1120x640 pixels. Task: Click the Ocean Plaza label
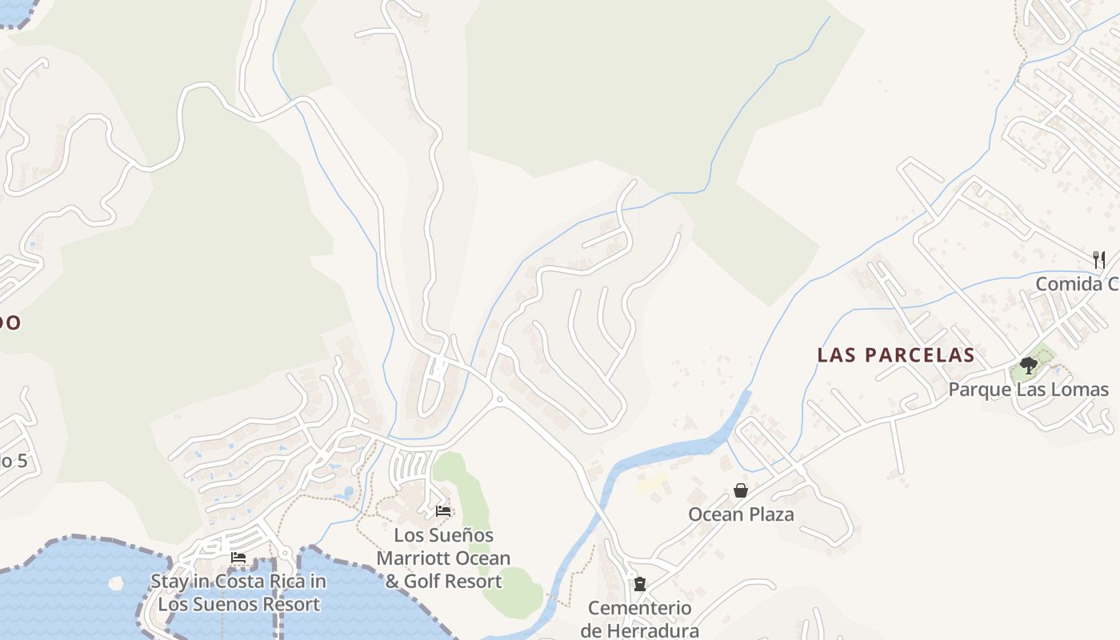coord(741,514)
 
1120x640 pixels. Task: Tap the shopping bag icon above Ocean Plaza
coord(741,490)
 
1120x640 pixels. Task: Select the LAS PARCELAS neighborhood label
coord(895,355)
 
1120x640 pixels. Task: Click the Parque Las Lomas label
coord(1028,390)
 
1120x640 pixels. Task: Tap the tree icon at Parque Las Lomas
coord(1028,366)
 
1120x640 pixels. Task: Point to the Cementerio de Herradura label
coord(640,619)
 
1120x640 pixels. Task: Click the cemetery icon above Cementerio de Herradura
coord(640,584)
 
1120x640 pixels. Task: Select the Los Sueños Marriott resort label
coord(443,558)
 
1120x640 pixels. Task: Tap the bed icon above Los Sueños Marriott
coord(443,511)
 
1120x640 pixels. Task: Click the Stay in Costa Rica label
coord(238,592)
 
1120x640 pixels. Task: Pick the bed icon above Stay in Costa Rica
coord(238,558)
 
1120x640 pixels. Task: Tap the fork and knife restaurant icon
coord(1099,259)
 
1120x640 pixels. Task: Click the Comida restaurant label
coord(1077,284)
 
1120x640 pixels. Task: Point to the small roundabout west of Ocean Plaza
coord(499,398)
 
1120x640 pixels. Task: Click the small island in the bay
coord(117,582)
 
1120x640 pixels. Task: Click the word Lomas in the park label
coord(1081,390)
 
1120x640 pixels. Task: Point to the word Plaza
coord(769,514)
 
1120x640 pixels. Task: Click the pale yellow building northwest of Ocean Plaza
coord(651,482)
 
